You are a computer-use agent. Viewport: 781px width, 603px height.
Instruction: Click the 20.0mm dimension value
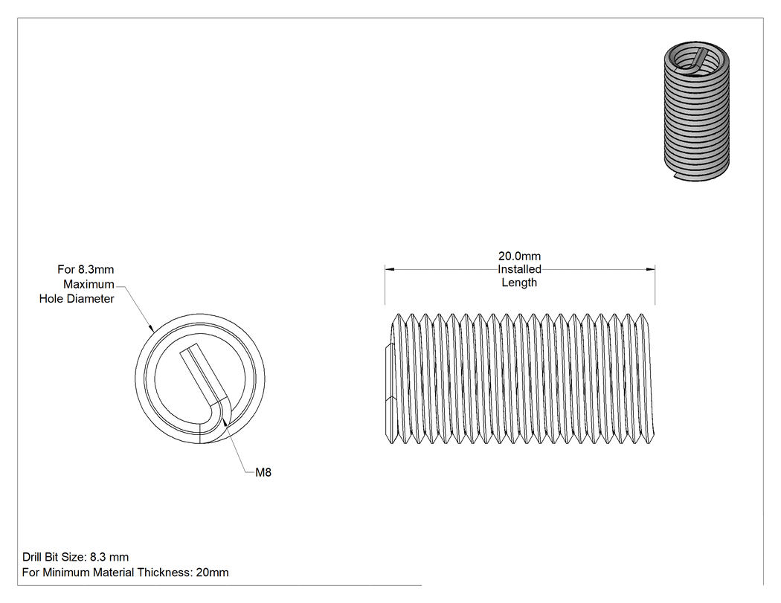coord(519,256)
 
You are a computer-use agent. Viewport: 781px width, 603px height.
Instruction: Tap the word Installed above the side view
coord(519,269)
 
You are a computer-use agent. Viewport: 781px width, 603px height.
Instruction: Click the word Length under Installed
coord(519,283)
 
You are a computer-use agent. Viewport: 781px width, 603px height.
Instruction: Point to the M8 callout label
coord(263,472)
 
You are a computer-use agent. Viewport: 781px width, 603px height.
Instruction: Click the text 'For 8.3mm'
coord(86,269)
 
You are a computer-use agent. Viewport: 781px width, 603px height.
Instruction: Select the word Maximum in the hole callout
coord(89,284)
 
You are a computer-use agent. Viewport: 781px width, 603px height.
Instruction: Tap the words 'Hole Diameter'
coord(77,298)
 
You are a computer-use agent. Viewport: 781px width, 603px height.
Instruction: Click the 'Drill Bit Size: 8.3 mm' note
coord(76,557)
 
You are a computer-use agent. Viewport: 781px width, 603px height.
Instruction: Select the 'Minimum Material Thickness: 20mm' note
coord(135,572)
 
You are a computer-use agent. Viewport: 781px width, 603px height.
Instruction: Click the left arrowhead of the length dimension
coord(390,269)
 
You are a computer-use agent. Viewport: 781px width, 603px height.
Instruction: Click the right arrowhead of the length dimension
coord(650,269)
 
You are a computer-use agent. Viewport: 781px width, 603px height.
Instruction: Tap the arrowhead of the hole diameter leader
coord(150,326)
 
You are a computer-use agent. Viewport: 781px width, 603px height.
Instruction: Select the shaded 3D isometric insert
coord(697,111)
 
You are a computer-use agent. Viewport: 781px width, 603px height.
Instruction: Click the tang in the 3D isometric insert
coord(698,59)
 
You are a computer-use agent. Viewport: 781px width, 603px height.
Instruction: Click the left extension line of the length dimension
coord(385,284)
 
